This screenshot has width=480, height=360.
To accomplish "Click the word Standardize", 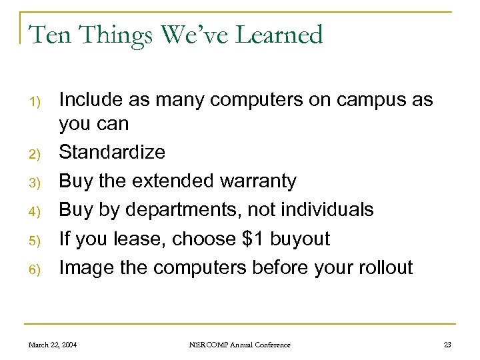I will [112, 153].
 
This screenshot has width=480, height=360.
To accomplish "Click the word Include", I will [89, 100].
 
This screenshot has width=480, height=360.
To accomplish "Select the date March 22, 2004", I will [53, 345].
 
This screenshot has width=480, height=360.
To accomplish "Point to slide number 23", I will [447, 345].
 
